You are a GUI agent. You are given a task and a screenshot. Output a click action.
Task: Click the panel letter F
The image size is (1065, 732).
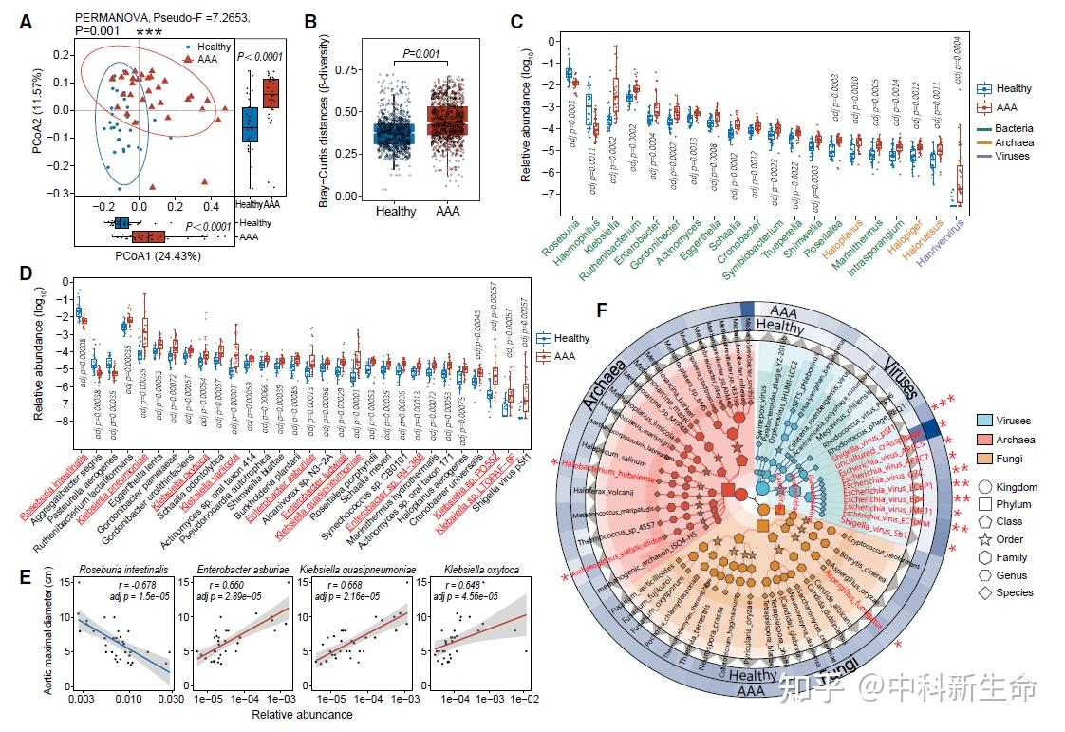(x=598, y=310)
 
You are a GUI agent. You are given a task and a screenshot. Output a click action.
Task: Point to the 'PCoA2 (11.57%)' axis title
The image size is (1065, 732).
(x=38, y=120)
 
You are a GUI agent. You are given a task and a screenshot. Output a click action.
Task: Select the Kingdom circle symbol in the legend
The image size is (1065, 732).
(x=988, y=486)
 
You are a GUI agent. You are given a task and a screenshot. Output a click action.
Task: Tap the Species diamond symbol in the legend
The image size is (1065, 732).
(x=988, y=592)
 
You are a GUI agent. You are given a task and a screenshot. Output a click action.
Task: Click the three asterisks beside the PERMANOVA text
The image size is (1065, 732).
(x=149, y=32)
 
